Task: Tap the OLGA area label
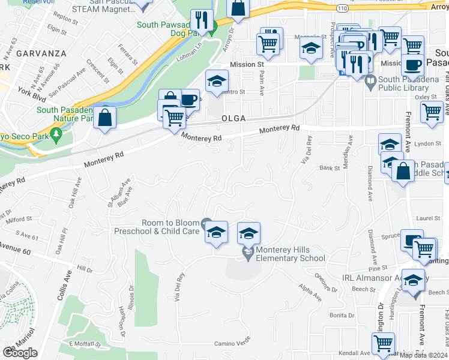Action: click(233, 119)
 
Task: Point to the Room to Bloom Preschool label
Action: click(170, 227)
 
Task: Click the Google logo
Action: click(20, 353)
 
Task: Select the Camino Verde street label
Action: click(232, 343)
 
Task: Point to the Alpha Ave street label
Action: click(310, 292)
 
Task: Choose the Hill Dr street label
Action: click(85, 270)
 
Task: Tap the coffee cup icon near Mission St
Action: click(412, 65)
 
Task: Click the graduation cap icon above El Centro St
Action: click(217, 82)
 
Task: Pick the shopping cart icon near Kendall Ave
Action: click(383, 344)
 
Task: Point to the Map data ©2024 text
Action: click(424, 355)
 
